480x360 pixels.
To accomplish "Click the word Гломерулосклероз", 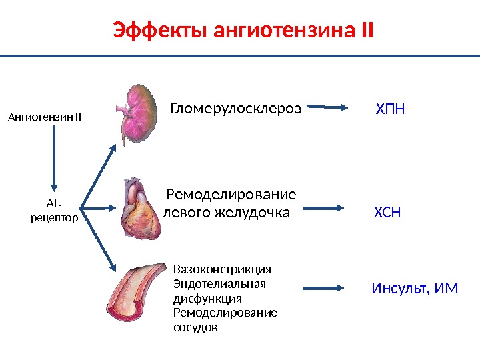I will coord(236,107).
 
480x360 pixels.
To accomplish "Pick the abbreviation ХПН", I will coord(390,108).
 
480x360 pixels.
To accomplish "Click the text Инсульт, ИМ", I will coord(415,289).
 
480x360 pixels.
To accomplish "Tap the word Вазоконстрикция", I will coord(222,269).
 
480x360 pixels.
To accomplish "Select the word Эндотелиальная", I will coord(219,284).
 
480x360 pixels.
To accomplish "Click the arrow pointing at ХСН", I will coord(330,207).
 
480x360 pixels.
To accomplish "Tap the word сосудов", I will coord(195,328).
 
